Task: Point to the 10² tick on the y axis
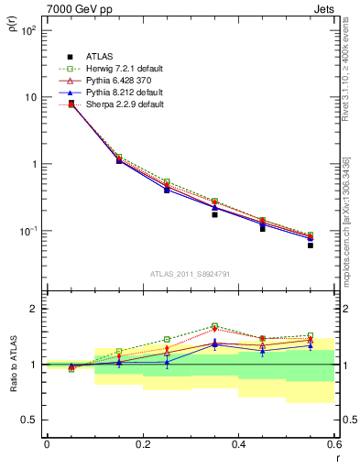[x=29, y=30]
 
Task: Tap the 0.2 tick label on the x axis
[x=142, y=443]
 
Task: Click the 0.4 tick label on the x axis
[x=238, y=443]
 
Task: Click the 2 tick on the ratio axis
[x=35, y=309]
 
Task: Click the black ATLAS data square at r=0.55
[x=311, y=245]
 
